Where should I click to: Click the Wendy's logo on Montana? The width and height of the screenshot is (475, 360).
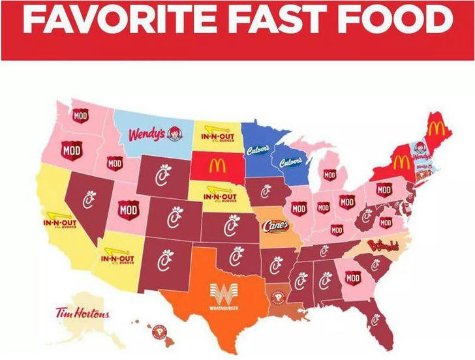click(x=155, y=134)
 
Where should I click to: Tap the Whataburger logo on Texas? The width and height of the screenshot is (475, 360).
click(x=223, y=295)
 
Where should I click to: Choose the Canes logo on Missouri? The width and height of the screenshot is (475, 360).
click(x=275, y=226)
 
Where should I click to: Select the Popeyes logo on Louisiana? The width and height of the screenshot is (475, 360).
click(x=279, y=297)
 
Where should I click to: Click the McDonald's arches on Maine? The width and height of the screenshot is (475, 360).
click(x=438, y=128)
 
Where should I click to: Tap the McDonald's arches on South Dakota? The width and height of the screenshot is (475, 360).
click(x=217, y=166)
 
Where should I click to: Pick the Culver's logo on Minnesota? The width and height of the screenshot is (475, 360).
click(x=258, y=150)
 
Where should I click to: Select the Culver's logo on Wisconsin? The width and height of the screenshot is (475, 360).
click(x=290, y=162)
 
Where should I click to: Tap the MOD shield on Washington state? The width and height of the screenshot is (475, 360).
click(x=80, y=116)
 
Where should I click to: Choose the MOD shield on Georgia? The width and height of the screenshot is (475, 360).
click(x=353, y=278)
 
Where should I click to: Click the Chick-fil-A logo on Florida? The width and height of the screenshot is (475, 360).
click(x=375, y=320)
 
